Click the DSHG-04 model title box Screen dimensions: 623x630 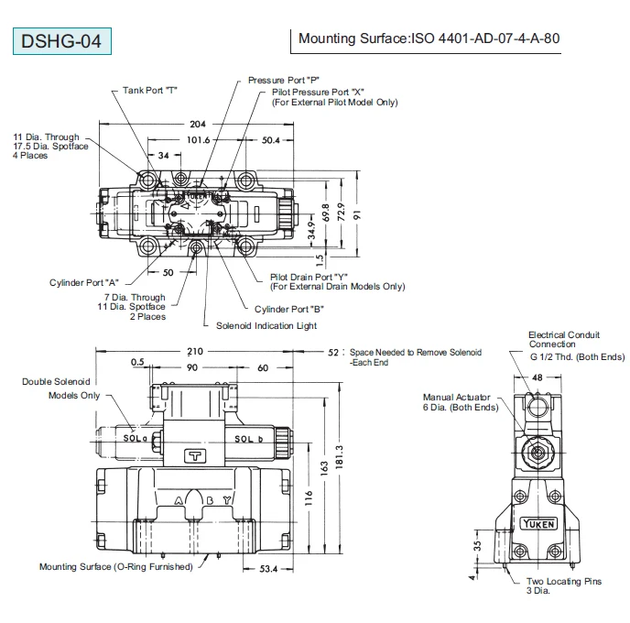click(x=61, y=41)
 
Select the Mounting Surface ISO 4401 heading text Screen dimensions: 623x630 click(x=429, y=38)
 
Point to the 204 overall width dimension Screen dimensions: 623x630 click(x=197, y=124)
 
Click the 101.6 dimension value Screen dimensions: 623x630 click(x=198, y=140)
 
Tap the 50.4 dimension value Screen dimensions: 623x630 click(x=271, y=140)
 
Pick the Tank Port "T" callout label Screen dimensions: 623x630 click(x=149, y=90)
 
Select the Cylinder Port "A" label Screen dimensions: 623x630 click(x=84, y=282)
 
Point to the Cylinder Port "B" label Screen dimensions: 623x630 click(x=289, y=309)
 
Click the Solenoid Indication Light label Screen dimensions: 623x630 click(x=266, y=325)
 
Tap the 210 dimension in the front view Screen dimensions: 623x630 click(x=194, y=352)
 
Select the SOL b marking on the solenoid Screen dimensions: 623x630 click(x=248, y=439)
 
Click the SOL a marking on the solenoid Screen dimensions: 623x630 click(x=136, y=439)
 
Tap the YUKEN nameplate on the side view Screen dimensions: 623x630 click(x=538, y=521)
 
